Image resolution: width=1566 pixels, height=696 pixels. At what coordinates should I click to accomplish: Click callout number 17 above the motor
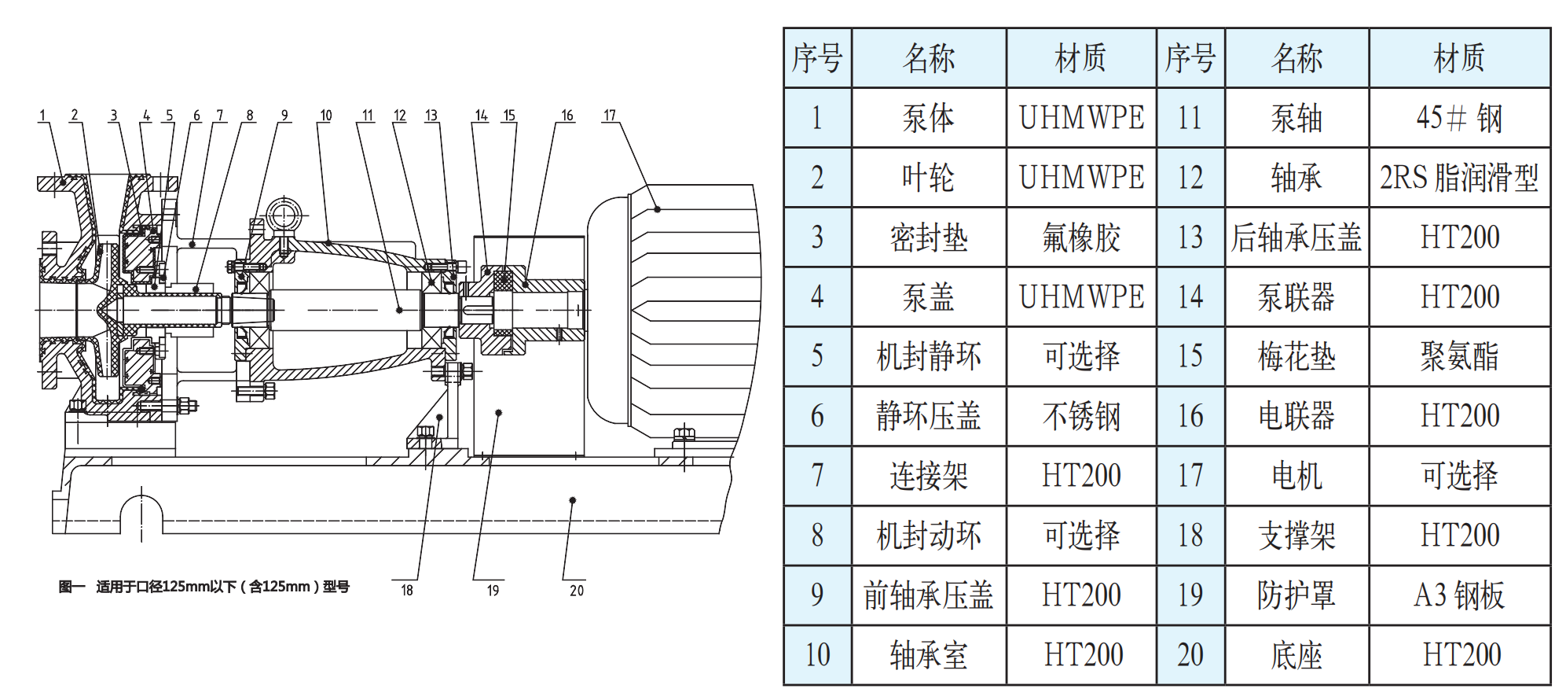pos(610,116)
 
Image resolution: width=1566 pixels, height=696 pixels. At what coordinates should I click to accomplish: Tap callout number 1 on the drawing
pos(42,116)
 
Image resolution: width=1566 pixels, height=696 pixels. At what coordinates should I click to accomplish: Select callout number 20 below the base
pos(577,591)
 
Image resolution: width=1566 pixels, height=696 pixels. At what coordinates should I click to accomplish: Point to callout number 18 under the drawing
pos(407,591)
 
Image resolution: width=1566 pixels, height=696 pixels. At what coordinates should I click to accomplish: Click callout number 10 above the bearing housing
pos(326,116)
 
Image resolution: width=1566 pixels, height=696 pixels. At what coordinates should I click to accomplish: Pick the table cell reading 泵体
pos(928,118)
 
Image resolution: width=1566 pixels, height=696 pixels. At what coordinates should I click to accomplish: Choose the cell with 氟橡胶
pos(1081,238)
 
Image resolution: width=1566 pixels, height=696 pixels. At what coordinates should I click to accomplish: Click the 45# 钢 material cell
pos(1459,118)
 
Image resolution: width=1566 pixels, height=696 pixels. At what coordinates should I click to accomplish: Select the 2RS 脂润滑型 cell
pos(1459,178)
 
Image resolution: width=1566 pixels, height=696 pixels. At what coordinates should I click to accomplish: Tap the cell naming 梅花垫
pos(1296,356)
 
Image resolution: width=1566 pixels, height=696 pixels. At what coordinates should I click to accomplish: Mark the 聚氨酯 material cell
pos(1459,356)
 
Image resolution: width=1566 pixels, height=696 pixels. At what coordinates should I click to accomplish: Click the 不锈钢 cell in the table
pos(1081,416)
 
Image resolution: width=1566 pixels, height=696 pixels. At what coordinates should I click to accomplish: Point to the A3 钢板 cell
pos(1459,595)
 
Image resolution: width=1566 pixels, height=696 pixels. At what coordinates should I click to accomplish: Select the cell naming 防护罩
pos(1296,595)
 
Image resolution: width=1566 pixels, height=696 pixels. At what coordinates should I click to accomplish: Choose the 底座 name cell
pos(1296,655)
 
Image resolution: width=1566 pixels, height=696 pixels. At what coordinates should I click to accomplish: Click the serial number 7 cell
pos(817,476)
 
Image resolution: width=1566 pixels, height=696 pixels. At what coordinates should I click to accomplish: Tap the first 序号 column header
pos(817,58)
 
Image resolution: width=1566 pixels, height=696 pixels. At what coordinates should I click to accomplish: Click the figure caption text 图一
pos(72,587)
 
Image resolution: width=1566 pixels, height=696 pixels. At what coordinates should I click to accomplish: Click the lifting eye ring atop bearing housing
pos(283,215)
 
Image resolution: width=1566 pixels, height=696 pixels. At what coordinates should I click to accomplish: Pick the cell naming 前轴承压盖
pos(928,595)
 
